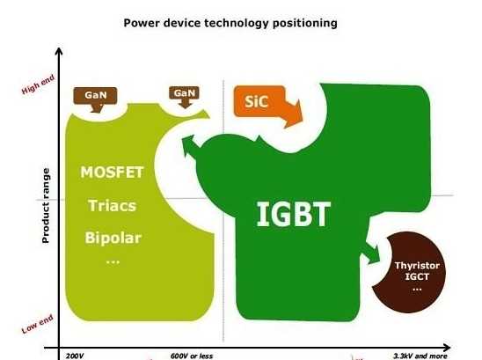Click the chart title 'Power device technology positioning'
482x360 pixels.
230,23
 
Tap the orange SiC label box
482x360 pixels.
259,101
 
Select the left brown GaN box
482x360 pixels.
95,96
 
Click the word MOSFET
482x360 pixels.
112,173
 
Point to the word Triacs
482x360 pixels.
112,206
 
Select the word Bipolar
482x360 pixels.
113,238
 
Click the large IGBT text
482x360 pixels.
293,214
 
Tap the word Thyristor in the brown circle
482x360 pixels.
417,266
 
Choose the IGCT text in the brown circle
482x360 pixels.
417,276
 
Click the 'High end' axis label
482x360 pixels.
38,84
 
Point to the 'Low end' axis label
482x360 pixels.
38,324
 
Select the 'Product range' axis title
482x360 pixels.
46,206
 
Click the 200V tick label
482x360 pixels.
75,356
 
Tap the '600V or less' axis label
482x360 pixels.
192,356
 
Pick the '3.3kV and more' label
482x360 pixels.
420,356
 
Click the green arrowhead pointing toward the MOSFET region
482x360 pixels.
188,143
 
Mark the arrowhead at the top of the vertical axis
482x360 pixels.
59,51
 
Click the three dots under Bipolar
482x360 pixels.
113,262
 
